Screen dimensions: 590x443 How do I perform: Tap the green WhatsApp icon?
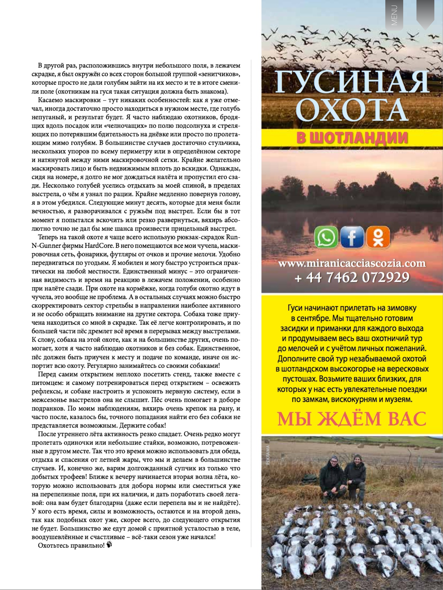(326, 237)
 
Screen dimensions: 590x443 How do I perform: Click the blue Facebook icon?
(352, 237)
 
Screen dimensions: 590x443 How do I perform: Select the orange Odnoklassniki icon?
(378, 237)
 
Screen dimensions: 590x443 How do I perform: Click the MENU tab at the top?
(394, 15)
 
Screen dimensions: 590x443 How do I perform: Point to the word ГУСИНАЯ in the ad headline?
(352, 82)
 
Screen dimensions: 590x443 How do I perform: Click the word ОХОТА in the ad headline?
(352, 111)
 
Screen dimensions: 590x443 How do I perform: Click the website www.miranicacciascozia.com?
(352, 263)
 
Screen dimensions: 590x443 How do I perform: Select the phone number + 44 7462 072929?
(352, 277)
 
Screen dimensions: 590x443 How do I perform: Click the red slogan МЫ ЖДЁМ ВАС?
(352, 419)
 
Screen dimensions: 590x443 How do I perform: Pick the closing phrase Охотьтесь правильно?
(71, 545)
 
